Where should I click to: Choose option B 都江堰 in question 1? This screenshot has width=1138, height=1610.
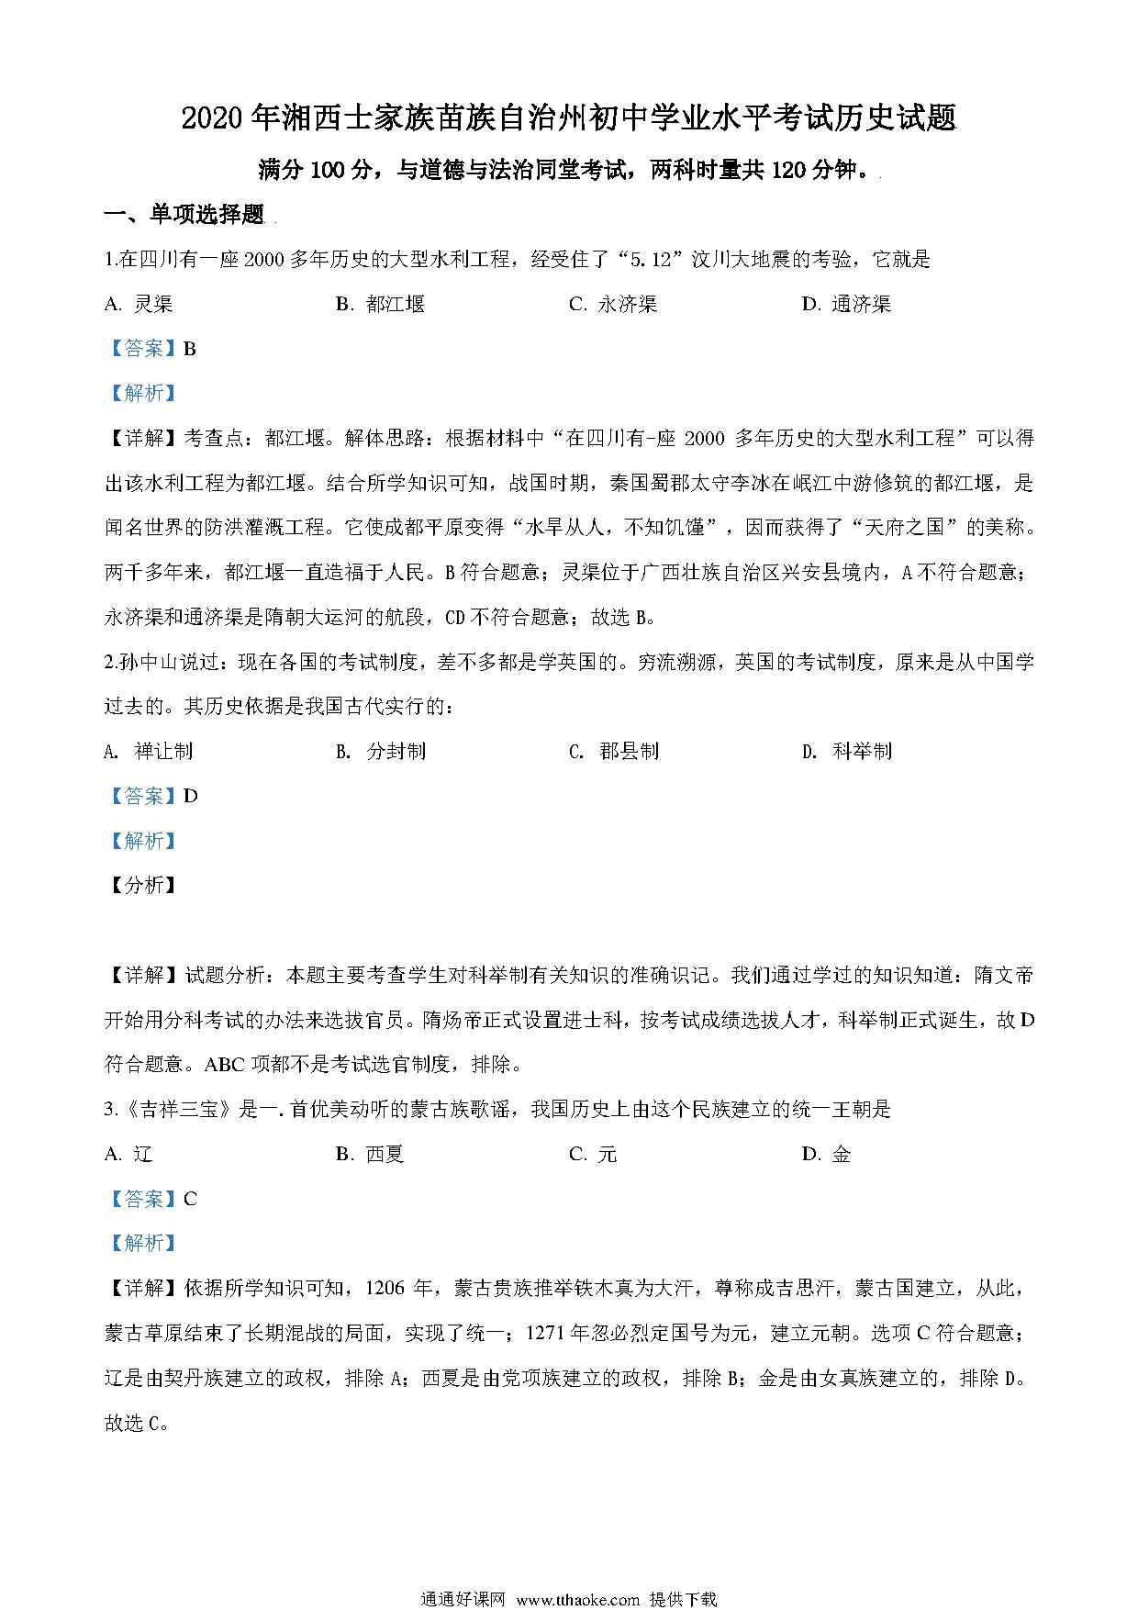(x=381, y=305)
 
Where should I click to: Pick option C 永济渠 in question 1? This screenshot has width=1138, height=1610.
(x=613, y=305)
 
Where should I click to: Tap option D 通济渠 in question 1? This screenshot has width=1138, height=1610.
(x=847, y=305)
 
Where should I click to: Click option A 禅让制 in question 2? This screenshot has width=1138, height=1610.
(x=150, y=752)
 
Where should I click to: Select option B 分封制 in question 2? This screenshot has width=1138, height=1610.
(x=382, y=752)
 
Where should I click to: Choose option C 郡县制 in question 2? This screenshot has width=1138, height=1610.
(x=614, y=752)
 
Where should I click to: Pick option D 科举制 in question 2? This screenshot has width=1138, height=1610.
(x=847, y=752)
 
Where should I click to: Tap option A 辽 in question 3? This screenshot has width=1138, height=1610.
(x=129, y=1155)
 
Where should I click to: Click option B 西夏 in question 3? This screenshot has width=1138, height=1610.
(x=371, y=1155)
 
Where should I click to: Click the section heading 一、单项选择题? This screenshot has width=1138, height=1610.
(x=184, y=216)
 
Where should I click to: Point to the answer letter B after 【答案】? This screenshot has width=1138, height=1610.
(x=190, y=349)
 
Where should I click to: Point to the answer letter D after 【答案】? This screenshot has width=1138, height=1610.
(x=191, y=796)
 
